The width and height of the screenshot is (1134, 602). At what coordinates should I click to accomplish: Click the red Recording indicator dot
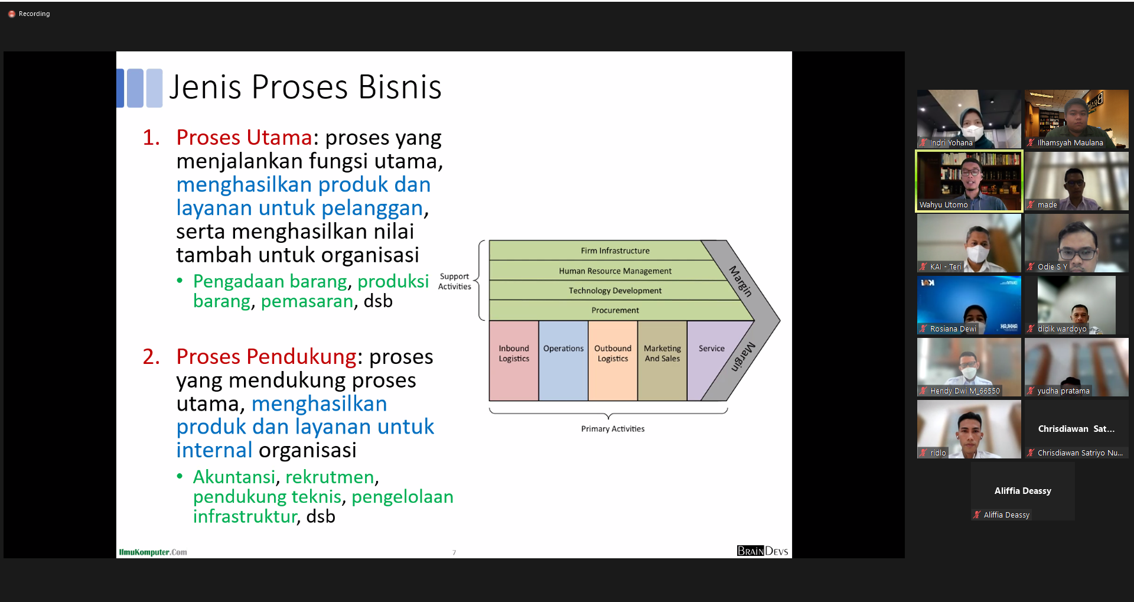tap(11, 14)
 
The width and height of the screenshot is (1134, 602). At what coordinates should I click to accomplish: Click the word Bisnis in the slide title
tap(400, 87)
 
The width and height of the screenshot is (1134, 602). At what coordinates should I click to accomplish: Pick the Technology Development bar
tap(615, 291)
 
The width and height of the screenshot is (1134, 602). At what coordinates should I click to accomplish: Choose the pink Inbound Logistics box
tap(514, 361)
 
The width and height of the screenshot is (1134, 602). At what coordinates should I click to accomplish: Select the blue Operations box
tap(563, 361)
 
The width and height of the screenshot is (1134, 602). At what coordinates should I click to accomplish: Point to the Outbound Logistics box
tap(613, 361)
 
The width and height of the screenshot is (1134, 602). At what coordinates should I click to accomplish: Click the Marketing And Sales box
tap(662, 361)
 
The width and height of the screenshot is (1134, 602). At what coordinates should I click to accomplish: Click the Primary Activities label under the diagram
tap(612, 429)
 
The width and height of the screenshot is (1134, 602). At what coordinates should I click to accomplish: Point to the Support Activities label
tap(454, 281)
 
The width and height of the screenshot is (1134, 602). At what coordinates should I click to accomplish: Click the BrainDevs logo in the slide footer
tap(762, 551)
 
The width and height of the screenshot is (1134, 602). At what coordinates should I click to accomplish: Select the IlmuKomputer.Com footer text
tap(153, 552)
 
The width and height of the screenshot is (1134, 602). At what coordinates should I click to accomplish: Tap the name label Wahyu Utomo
tap(943, 205)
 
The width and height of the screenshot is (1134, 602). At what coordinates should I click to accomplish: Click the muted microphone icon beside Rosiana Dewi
tap(923, 329)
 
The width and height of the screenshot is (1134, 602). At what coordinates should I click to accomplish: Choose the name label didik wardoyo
tap(1062, 329)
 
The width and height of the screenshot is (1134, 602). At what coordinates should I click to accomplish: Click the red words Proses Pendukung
tap(266, 357)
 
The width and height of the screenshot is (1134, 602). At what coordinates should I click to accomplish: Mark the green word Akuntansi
tap(234, 477)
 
